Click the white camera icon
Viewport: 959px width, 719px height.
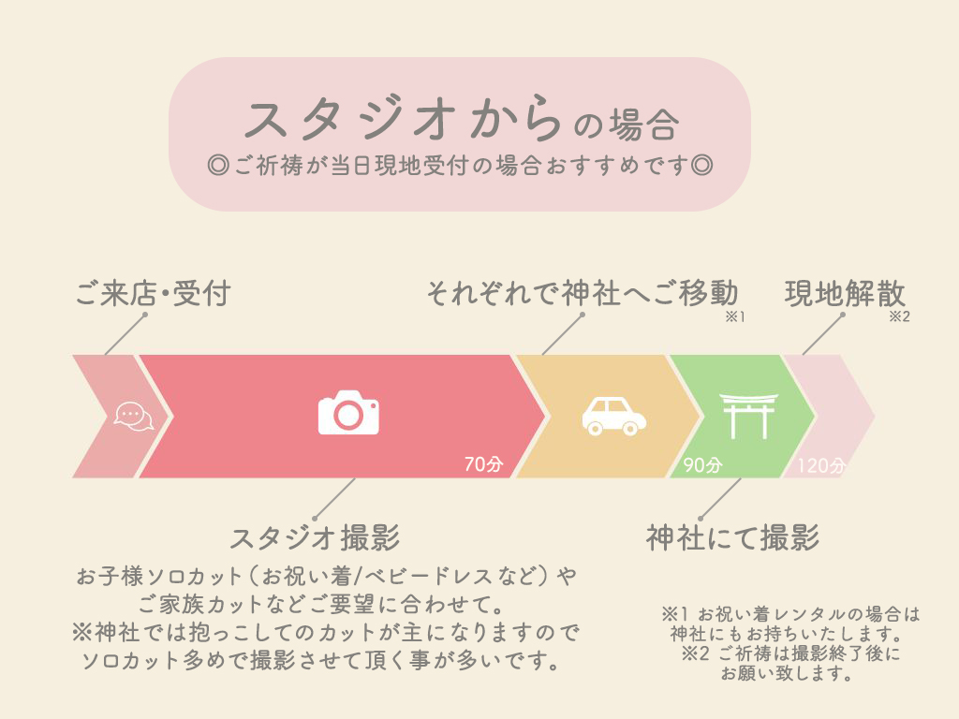coord(348,413)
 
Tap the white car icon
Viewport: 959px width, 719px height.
coord(613,417)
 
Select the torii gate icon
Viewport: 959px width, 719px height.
coord(748,416)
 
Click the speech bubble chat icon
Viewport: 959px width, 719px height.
coord(134,417)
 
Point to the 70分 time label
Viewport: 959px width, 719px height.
coord(483,464)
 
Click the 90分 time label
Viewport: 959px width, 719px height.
coord(702,465)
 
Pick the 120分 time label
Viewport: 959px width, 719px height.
coord(820,466)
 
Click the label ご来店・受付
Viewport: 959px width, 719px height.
coord(153,293)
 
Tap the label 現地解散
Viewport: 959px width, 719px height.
coord(845,293)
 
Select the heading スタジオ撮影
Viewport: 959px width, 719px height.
coord(315,538)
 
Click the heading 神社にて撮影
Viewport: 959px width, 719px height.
coord(732,538)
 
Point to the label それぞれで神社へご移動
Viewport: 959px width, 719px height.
coord(583,293)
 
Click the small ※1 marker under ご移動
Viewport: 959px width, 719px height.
coord(734,316)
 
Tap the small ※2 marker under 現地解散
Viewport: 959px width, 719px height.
coord(899,316)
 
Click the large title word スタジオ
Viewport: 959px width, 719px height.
coord(350,118)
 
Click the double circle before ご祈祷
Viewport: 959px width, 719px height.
coord(218,165)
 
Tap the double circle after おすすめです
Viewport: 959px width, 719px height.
coord(701,165)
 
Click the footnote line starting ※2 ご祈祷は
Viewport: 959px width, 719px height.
coord(790,653)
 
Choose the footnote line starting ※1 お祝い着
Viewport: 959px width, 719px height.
coord(790,614)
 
